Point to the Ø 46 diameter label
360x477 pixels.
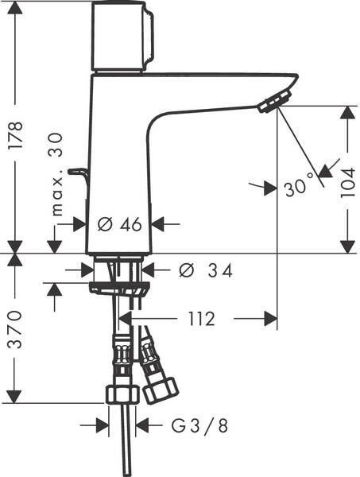(120, 225)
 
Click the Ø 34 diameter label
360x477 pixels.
(206, 271)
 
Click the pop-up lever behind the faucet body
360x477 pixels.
(76, 172)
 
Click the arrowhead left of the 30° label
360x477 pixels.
(258, 187)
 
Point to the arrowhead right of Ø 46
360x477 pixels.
(157, 224)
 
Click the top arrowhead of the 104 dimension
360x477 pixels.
(346, 114)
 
